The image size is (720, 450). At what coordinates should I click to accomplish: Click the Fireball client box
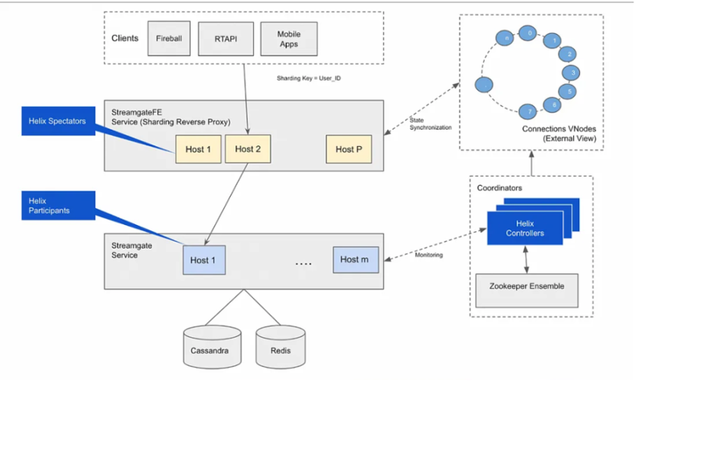tap(169, 38)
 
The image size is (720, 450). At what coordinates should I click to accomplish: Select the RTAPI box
tap(226, 39)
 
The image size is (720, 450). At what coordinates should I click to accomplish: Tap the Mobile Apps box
tap(288, 39)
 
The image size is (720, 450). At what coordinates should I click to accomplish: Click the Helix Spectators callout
tap(59, 121)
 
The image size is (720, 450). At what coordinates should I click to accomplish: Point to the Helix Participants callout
tap(59, 205)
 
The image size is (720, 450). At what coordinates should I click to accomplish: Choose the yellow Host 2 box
tap(248, 149)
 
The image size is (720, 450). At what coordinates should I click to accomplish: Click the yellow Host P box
tap(349, 149)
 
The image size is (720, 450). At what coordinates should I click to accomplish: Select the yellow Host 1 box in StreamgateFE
tap(199, 149)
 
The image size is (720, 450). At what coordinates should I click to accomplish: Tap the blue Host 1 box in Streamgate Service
tap(204, 260)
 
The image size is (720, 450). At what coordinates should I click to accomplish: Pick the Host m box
tap(356, 259)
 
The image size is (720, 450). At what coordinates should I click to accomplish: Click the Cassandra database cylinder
tap(212, 347)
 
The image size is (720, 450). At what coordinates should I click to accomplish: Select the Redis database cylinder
tap(281, 347)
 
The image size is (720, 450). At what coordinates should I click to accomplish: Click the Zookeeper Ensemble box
tap(527, 291)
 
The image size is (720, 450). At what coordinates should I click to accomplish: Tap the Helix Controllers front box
tap(525, 228)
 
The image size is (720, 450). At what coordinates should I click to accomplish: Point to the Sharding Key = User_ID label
tap(309, 78)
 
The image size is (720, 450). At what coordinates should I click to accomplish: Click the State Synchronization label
tap(430, 124)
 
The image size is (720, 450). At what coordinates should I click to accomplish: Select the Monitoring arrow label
tap(429, 255)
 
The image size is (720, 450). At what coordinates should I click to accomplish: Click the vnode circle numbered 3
tap(571, 73)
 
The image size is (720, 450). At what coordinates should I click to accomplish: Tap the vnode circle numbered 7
tap(528, 112)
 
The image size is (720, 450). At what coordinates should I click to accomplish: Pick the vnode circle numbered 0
tap(528, 33)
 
